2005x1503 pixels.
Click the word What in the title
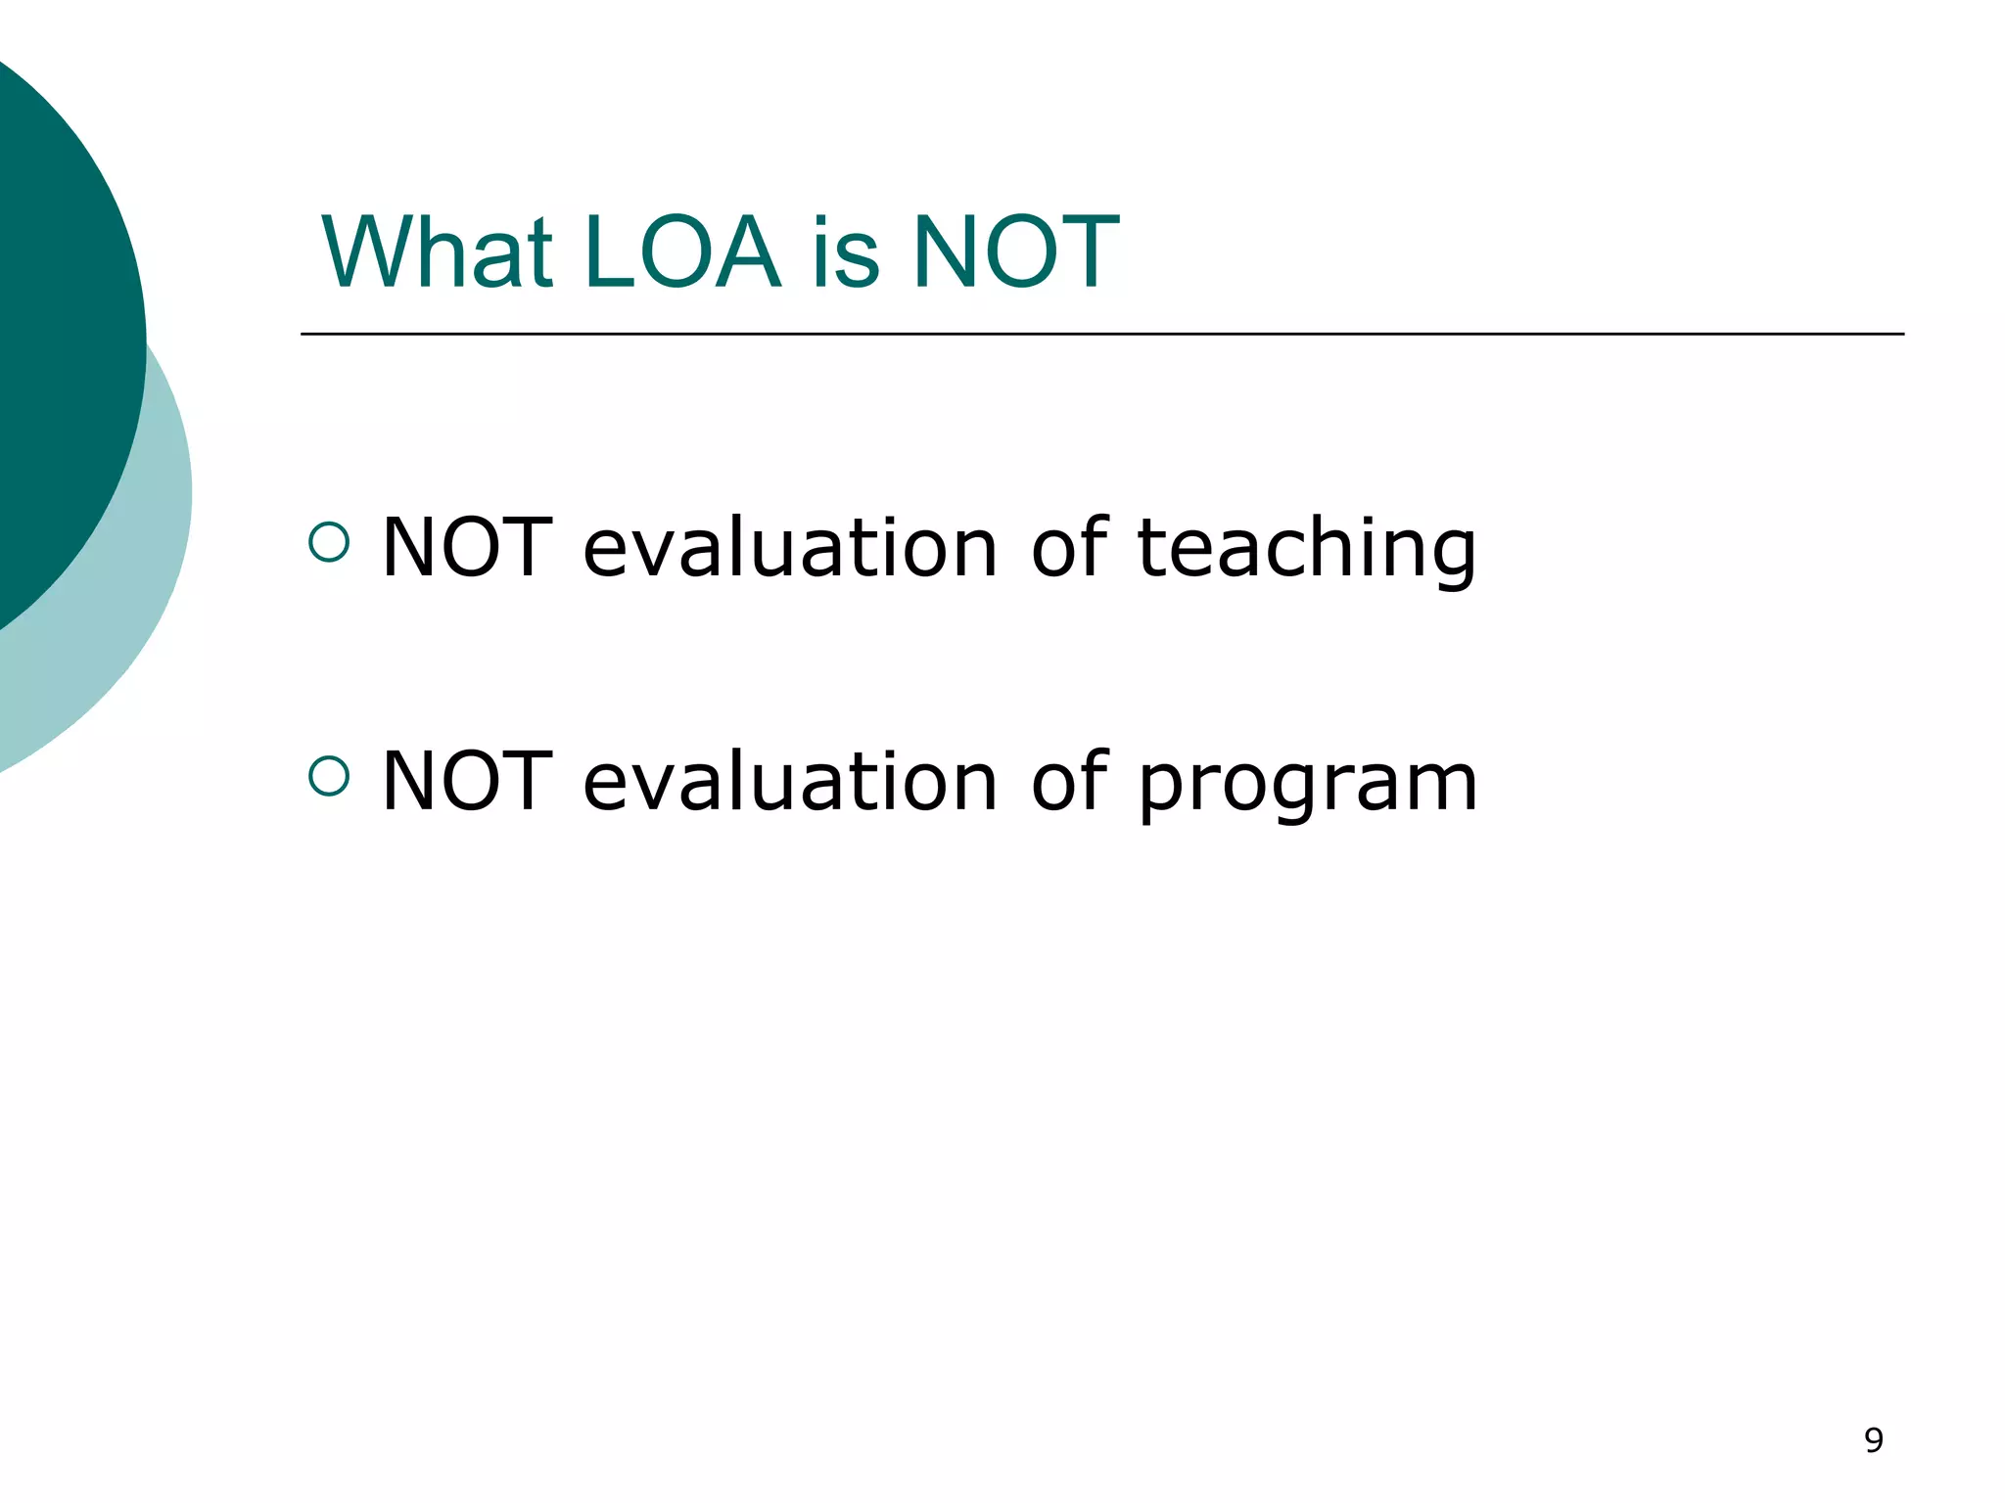(438, 252)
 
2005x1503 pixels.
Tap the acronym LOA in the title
(681, 252)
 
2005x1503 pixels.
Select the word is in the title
(845, 252)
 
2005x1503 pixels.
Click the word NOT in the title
(1015, 252)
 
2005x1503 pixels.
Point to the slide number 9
(1873, 1440)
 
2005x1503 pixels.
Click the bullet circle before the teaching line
(329, 542)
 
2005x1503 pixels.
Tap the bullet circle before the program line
(329, 776)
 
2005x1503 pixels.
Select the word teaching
(1306, 548)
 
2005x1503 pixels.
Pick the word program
(1308, 783)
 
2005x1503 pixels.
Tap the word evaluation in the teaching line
(790, 548)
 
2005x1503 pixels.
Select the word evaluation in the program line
(790, 782)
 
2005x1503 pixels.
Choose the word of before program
(1069, 780)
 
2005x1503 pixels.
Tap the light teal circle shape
(147, 587)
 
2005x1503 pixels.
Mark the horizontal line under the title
(1101, 334)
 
